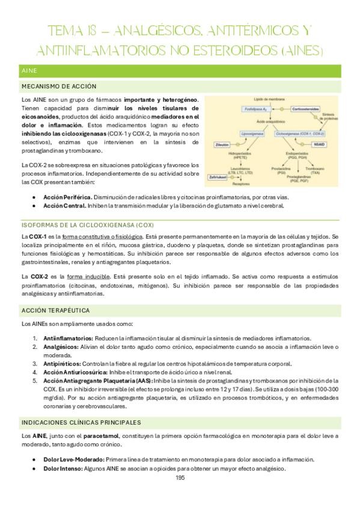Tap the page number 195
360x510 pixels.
(180, 478)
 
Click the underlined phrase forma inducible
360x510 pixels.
(82, 276)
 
